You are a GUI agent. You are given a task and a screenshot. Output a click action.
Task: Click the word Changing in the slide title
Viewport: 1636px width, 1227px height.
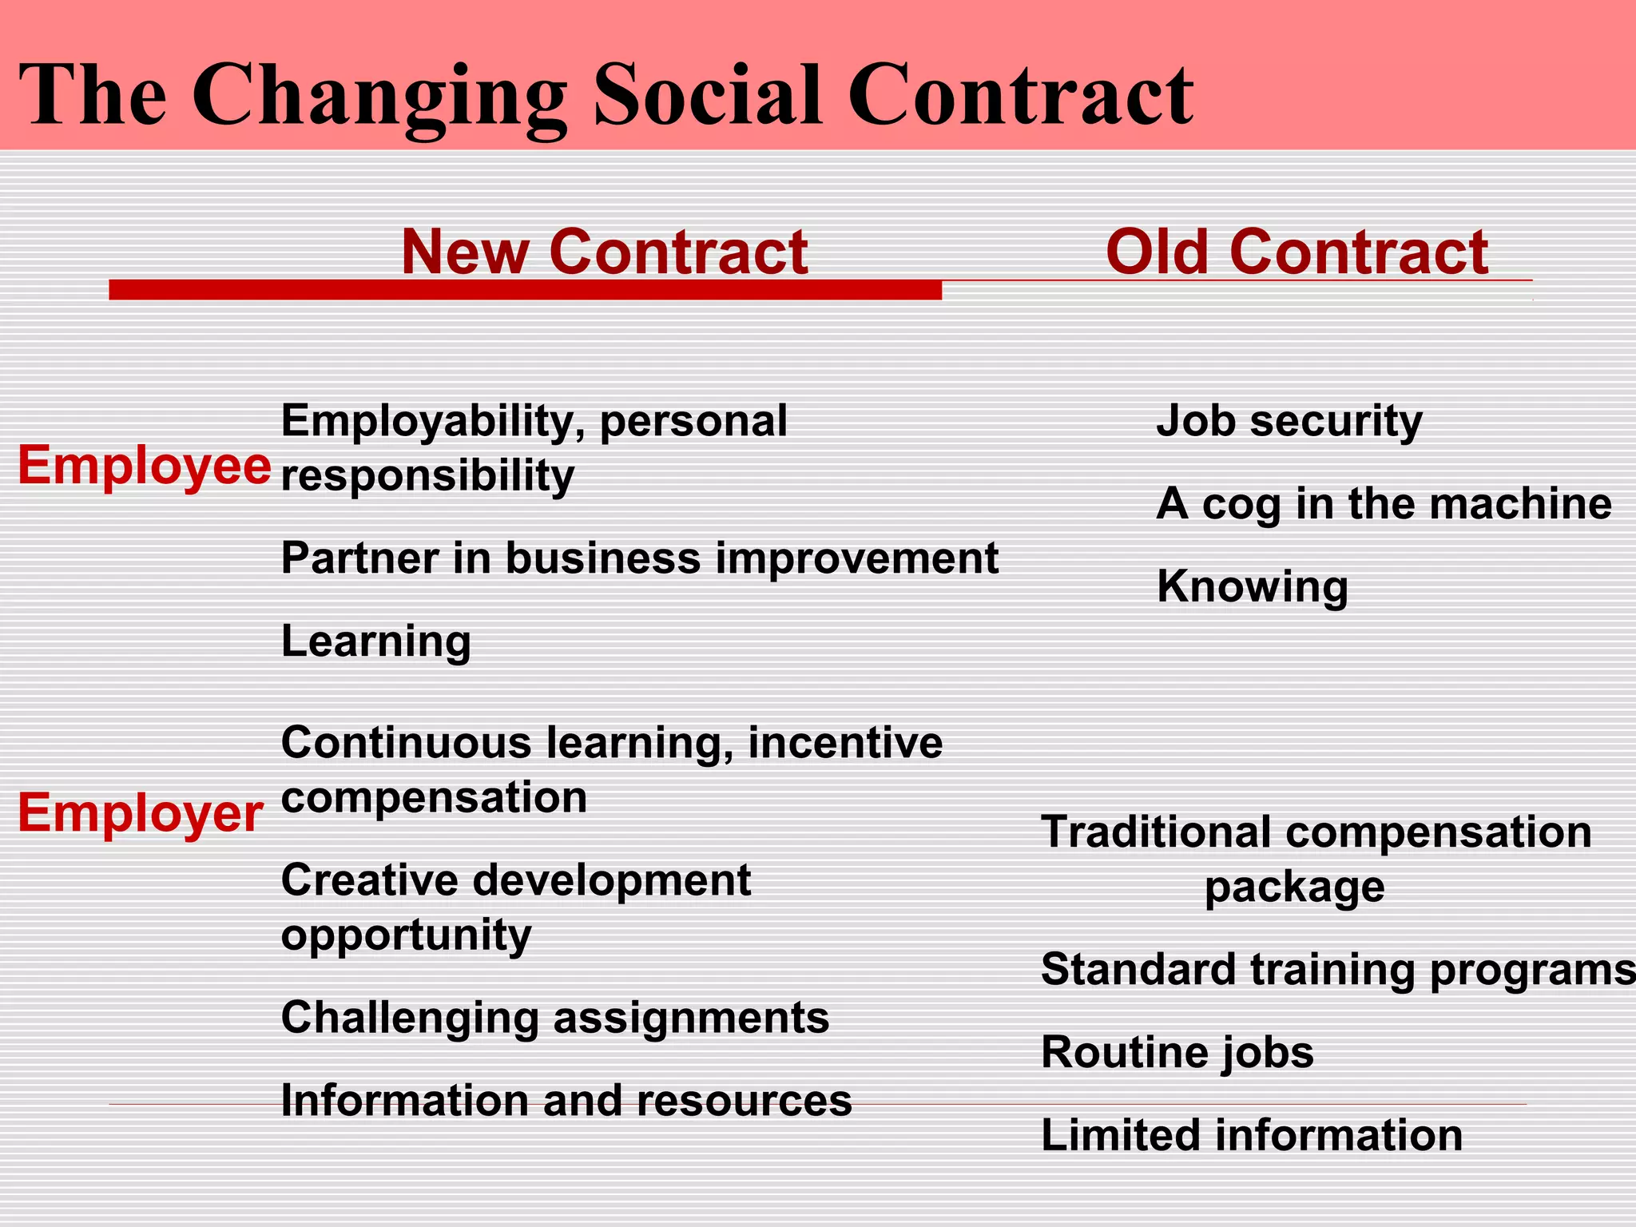pyautogui.click(x=379, y=97)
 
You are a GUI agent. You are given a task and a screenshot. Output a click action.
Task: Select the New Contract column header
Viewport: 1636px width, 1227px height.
pyautogui.click(x=604, y=252)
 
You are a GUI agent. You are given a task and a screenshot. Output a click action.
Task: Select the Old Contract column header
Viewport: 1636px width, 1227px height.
pyautogui.click(x=1296, y=252)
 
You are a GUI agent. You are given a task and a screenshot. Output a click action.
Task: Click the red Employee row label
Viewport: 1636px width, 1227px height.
pyautogui.click(x=145, y=465)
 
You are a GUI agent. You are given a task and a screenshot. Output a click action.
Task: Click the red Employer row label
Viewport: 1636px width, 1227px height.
pyautogui.click(x=141, y=813)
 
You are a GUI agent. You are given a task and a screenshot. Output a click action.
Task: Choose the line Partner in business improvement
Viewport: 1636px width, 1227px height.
pyautogui.click(x=640, y=558)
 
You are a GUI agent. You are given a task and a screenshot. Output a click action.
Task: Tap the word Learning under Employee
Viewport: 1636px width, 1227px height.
pyautogui.click(x=376, y=641)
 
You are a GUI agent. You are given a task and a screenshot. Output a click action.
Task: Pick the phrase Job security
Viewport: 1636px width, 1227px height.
pyautogui.click(x=1289, y=421)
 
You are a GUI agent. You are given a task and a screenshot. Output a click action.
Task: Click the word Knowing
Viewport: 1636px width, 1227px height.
pyautogui.click(x=1253, y=586)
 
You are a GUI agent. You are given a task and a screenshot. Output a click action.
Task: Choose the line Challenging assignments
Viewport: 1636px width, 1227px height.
pyautogui.click(x=555, y=1018)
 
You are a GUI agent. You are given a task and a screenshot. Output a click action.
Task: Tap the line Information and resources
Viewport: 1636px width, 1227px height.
pyautogui.click(x=566, y=1101)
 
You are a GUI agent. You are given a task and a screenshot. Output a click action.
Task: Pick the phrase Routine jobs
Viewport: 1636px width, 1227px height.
pyautogui.click(x=1177, y=1052)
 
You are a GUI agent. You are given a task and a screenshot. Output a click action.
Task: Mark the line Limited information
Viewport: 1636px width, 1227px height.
pyautogui.click(x=1252, y=1135)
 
